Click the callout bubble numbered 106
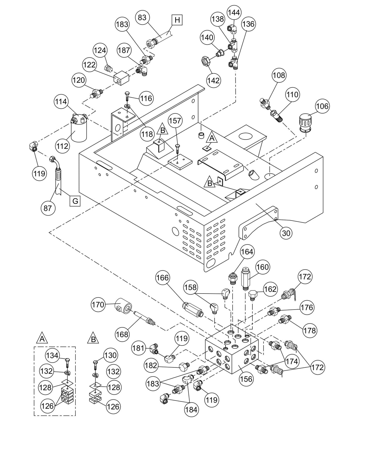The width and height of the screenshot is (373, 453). click(x=322, y=106)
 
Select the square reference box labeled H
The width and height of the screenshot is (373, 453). click(x=177, y=20)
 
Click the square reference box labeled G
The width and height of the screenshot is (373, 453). click(x=75, y=201)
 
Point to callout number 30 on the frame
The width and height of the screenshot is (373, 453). click(x=286, y=233)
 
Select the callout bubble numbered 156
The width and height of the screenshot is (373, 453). click(x=246, y=379)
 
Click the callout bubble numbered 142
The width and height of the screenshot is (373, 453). click(x=213, y=81)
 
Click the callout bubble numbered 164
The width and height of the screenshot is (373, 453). click(x=247, y=252)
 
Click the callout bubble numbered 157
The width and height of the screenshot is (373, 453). click(x=175, y=121)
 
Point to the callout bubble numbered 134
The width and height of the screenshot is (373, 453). click(x=52, y=356)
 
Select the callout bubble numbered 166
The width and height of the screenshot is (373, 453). click(x=163, y=278)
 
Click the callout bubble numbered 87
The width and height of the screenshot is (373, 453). click(x=48, y=208)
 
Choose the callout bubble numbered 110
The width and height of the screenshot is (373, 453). click(x=292, y=95)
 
